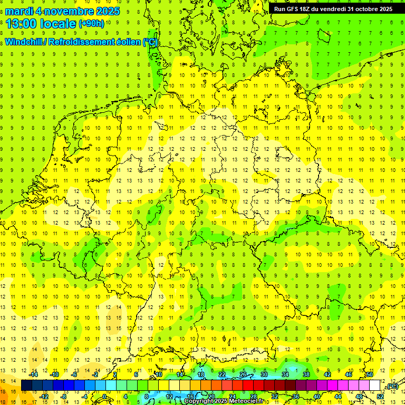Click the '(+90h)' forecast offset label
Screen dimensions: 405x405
click(x=91, y=24)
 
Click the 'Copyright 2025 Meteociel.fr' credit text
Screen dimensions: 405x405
click(x=224, y=401)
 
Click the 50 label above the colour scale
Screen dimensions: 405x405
click(x=370, y=374)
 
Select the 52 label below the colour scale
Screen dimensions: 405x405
click(x=380, y=397)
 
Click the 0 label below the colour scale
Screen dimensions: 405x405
click(x=104, y=397)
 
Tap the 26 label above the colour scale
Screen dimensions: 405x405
click(x=243, y=374)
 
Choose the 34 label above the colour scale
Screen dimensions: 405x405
click(x=285, y=374)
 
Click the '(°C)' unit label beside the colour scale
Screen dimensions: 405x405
click(x=392, y=387)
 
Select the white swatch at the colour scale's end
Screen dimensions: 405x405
click(x=375, y=385)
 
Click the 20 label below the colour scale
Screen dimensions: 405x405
click(x=211, y=397)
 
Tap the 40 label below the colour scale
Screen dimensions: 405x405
click(x=317, y=397)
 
